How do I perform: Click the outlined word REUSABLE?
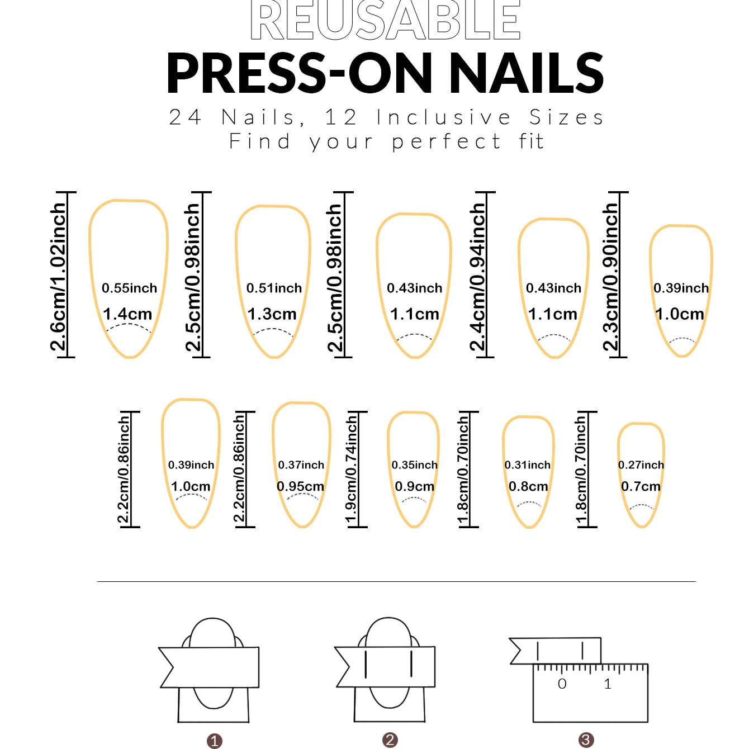(x=385, y=20)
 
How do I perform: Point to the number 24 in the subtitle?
(x=186, y=117)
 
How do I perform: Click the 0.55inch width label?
(x=130, y=288)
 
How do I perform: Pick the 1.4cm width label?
(x=127, y=314)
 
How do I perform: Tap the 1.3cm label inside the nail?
(x=272, y=314)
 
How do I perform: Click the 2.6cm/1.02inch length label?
(x=59, y=276)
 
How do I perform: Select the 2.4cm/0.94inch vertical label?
(x=478, y=276)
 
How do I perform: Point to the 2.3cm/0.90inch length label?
(x=610, y=276)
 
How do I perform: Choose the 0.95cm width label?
(x=301, y=486)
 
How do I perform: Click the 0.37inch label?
(x=301, y=465)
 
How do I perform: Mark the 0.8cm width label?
(x=528, y=486)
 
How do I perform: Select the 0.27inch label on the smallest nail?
(x=641, y=465)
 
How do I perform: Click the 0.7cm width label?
(x=641, y=486)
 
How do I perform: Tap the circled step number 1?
(x=214, y=741)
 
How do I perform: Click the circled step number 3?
(x=586, y=739)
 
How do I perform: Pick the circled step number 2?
(x=390, y=739)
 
